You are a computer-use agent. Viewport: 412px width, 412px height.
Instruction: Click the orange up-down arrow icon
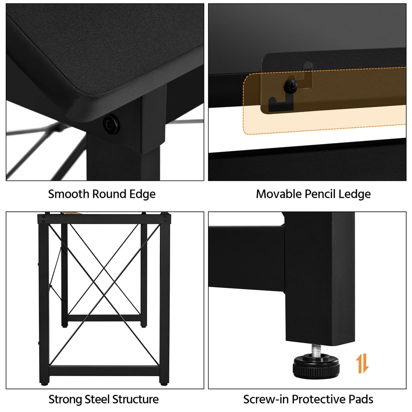[363, 363]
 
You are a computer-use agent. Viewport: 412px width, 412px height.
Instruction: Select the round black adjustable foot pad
[316, 365]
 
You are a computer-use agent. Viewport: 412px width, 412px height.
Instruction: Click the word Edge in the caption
[143, 194]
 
